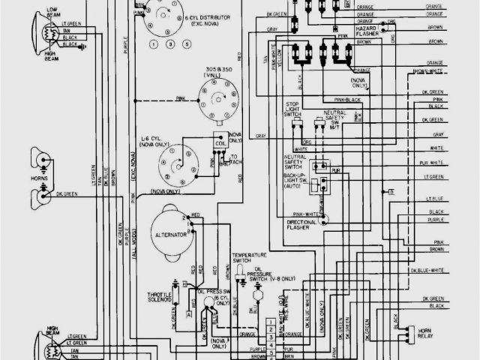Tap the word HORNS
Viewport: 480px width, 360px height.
point(40,181)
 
